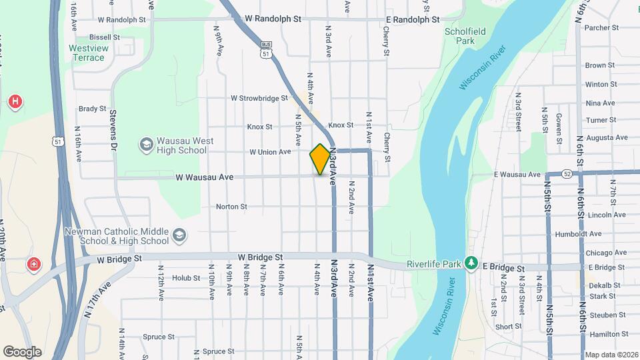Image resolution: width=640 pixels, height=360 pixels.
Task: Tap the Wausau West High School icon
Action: coord(146,145)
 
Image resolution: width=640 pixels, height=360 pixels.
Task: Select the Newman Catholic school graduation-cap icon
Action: coord(179,235)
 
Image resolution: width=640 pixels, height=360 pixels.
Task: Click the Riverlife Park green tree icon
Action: coord(472,263)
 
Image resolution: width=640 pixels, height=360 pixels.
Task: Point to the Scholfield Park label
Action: coord(460,35)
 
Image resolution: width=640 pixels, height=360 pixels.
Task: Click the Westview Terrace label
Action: coord(87,53)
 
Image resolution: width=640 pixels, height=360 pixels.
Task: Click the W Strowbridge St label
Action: coord(259,98)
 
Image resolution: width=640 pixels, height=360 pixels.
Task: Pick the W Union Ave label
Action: coord(270,152)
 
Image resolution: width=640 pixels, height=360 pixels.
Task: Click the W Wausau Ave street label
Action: coord(205,177)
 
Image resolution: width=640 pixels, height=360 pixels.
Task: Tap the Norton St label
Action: coord(231,207)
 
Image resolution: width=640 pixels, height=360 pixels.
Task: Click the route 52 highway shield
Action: coord(567,173)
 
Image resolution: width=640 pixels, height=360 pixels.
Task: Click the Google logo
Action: coord(22,352)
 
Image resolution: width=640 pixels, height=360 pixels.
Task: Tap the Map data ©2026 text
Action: coord(610,355)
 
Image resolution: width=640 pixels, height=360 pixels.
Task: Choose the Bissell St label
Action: coord(104,37)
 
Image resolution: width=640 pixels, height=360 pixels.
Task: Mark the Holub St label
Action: coord(186,278)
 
